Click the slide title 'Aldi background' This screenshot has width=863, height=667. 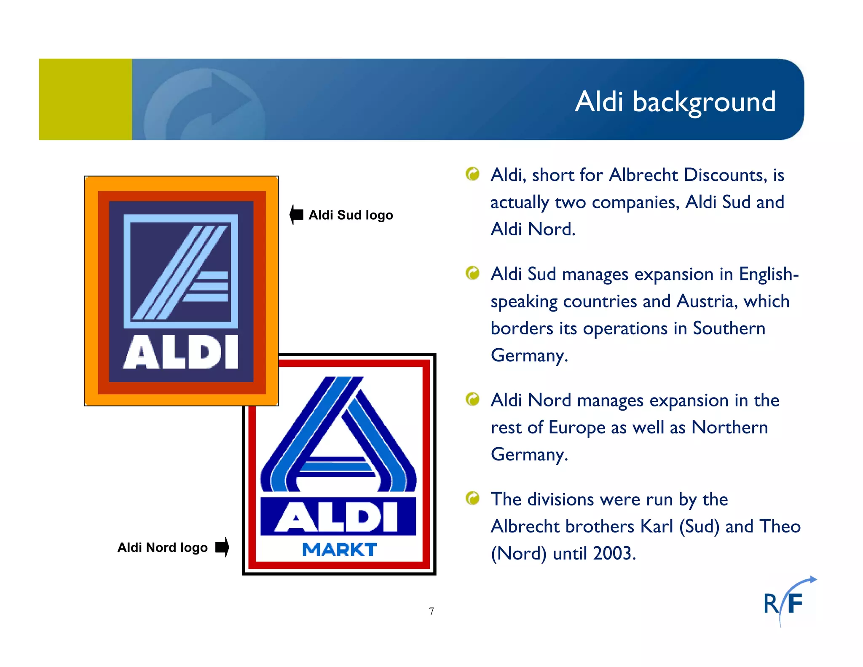coord(675,102)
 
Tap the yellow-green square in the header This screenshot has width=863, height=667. coord(86,100)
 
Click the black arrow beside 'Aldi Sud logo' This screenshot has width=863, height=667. coord(297,215)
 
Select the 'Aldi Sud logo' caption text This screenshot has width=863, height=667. coord(351,215)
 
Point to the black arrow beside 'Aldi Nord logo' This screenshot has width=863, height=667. coord(222,547)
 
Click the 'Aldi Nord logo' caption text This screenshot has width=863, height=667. coord(163,547)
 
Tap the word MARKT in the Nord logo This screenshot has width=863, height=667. coord(340,550)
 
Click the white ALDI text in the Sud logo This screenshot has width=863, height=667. coord(181,352)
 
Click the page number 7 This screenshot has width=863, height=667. coord(431,611)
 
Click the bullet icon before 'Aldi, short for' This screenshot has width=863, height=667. coord(473,174)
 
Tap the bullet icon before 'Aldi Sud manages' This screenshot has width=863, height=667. coord(473,273)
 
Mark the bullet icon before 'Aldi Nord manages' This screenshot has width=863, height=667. coord(473,399)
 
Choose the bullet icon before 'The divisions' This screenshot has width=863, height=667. coord(473,498)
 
